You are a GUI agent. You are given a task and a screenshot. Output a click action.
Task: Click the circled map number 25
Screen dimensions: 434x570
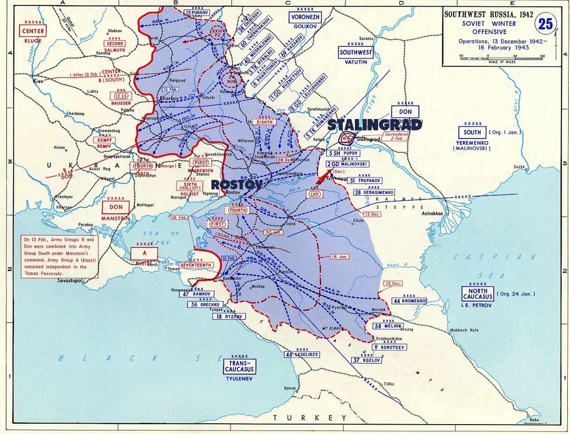[x=546, y=23]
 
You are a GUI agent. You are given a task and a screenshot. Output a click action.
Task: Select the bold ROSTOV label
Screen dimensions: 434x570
[x=236, y=184]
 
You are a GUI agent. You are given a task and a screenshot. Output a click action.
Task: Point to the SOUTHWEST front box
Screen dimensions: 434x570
[x=355, y=52]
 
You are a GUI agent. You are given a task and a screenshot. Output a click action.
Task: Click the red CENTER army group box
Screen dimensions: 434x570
[x=33, y=31]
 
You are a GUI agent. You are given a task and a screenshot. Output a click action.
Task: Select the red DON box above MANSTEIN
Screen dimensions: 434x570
[x=116, y=207]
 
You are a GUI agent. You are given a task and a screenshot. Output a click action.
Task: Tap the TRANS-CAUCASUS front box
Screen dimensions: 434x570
[x=239, y=366]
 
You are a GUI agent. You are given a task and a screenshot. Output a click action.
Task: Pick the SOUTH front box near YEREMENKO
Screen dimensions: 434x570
[x=472, y=132]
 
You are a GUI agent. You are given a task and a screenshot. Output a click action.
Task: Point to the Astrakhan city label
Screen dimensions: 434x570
[x=432, y=213]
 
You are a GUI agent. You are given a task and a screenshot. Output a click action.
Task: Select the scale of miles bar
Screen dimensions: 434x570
[x=502, y=57]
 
